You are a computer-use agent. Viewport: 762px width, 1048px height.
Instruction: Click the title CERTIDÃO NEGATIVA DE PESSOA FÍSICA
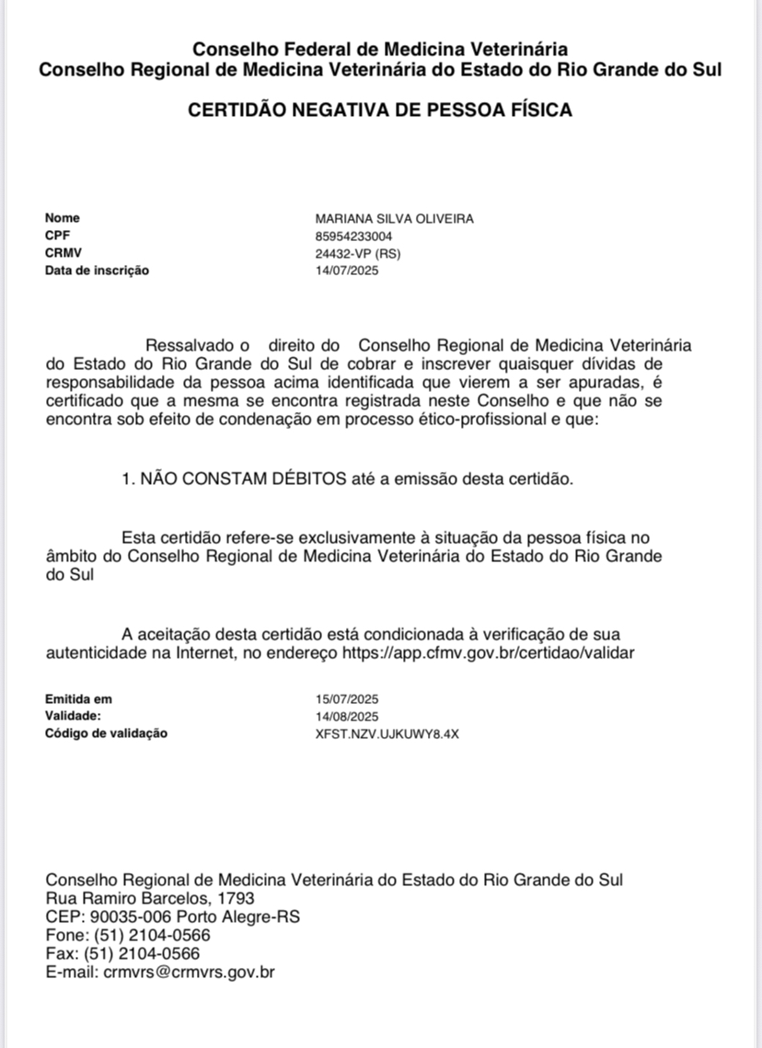pyautogui.click(x=380, y=110)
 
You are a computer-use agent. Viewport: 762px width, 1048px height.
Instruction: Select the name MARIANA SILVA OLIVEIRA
pyautogui.click(x=394, y=219)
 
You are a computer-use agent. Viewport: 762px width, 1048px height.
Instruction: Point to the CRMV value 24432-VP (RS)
pyautogui.click(x=358, y=254)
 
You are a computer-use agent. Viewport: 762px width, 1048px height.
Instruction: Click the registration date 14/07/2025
pyautogui.click(x=347, y=271)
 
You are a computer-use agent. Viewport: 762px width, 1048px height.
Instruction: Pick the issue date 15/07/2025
pyautogui.click(x=347, y=699)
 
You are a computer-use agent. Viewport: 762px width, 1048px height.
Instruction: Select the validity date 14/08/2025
pyautogui.click(x=347, y=717)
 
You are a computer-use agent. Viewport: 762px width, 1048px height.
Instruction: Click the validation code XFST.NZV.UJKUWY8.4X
pyautogui.click(x=387, y=734)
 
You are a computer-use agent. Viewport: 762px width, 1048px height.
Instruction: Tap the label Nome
pyautogui.click(x=63, y=219)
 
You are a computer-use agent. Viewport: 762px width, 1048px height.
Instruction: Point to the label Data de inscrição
pyautogui.click(x=97, y=271)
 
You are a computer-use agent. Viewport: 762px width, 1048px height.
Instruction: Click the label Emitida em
pyautogui.click(x=79, y=699)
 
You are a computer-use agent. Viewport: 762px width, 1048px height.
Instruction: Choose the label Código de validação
pyautogui.click(x=107, y=734)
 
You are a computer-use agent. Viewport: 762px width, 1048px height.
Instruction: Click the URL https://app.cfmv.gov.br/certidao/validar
pyautogui.click(x=488, y=653)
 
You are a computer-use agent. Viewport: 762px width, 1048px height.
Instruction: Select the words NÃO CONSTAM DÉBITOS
pyautogui.click(x=243, y=478)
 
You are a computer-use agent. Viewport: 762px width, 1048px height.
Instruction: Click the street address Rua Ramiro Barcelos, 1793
pyautogui.click(x=150, y=898)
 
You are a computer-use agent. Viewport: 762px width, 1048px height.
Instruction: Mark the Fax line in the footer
pyautogui.click(x=122, y=953)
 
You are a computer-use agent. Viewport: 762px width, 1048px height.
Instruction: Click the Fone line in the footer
pyautogui.click(x=128, y=935)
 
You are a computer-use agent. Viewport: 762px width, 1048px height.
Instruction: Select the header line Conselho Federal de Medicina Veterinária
pyautogui.click(x=380, y=50)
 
